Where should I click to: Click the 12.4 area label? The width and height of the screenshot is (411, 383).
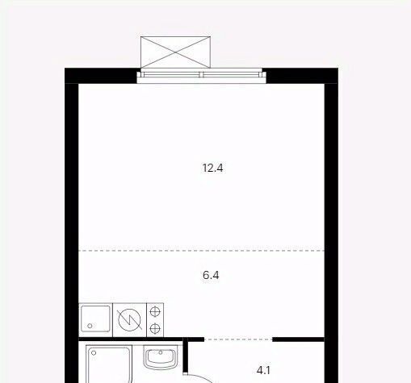[x=212, y=169]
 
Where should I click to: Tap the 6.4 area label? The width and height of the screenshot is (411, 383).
[x=211, y=275]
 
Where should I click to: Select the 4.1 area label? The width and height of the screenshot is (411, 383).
[x=263, y=371]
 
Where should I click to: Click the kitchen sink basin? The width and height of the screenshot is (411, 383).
[x=95, y=318]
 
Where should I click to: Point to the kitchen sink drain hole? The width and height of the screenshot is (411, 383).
[x=90, y=326]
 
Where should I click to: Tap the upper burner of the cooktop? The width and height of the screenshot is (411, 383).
[x=155, y=312]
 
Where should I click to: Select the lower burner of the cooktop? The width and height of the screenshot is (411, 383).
[x=155, y=328]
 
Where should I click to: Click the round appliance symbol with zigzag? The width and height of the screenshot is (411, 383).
[x=129, y=320]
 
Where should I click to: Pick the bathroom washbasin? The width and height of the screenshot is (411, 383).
[x=161, y=356]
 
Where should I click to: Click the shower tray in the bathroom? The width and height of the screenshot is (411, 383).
[x=109, y=364]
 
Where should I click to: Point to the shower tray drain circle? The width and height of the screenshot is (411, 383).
[x=94, y=353]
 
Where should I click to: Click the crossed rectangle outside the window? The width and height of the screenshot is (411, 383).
[x=175, y=52]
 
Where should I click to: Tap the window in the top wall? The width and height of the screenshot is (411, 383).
[x=201, y=76]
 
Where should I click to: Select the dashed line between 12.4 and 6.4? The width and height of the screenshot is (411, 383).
[x=201, y=251]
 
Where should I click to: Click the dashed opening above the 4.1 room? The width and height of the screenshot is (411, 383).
[x=238, y=339]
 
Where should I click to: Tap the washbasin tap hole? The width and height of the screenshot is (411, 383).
[x=161, y=352]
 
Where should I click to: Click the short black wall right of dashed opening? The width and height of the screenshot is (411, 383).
[x=298, y=339]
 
